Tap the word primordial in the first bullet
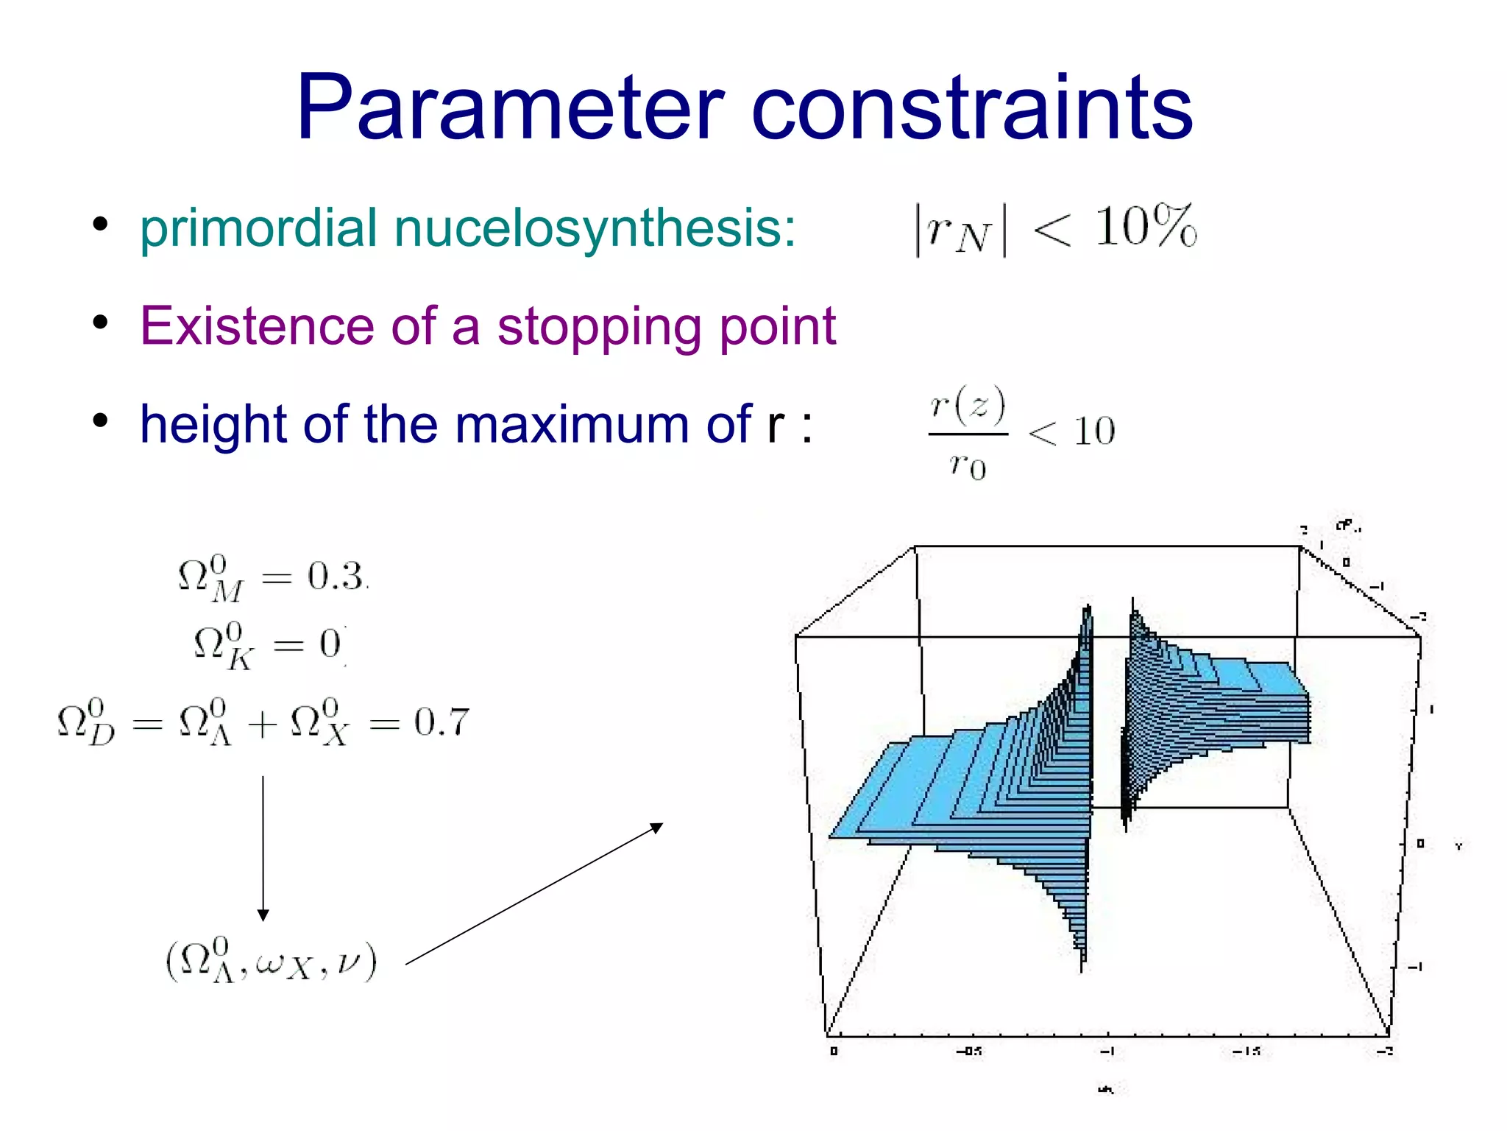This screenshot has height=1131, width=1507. coord(258,228)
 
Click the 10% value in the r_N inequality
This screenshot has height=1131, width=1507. coord(1145,226)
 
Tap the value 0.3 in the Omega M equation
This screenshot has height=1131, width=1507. coord(336,576)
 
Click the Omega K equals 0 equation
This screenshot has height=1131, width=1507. coord(268,646)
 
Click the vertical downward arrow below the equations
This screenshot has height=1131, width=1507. coord(263,847)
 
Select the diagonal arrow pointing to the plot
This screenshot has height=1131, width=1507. coord(534,893)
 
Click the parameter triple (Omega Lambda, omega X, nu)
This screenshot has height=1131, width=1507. coord(272,961)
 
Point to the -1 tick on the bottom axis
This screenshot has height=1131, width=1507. coord(1107,1051)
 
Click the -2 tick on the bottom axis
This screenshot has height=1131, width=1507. coord(1385,1051)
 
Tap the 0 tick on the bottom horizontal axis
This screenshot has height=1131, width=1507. coord(833,1051)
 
